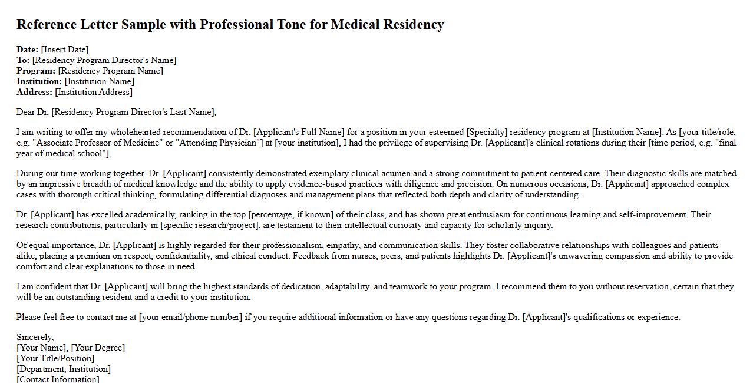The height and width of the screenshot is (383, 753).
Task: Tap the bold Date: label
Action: point(28,49)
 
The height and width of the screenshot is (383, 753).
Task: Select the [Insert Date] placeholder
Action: point(65,49)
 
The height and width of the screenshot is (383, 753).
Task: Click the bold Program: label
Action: point(36,71)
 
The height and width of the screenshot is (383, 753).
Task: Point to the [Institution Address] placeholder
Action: point(94,92)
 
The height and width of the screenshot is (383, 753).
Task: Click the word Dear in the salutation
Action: point(26,112)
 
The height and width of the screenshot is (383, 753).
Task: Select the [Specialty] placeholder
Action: point(487,132)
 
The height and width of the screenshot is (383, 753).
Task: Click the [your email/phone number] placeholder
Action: point(190,317)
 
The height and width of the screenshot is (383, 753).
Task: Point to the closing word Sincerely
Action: point(35,337)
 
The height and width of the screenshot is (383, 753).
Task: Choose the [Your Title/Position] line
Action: point(55,358)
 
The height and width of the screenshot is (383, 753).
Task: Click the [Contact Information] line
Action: point(58,379)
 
